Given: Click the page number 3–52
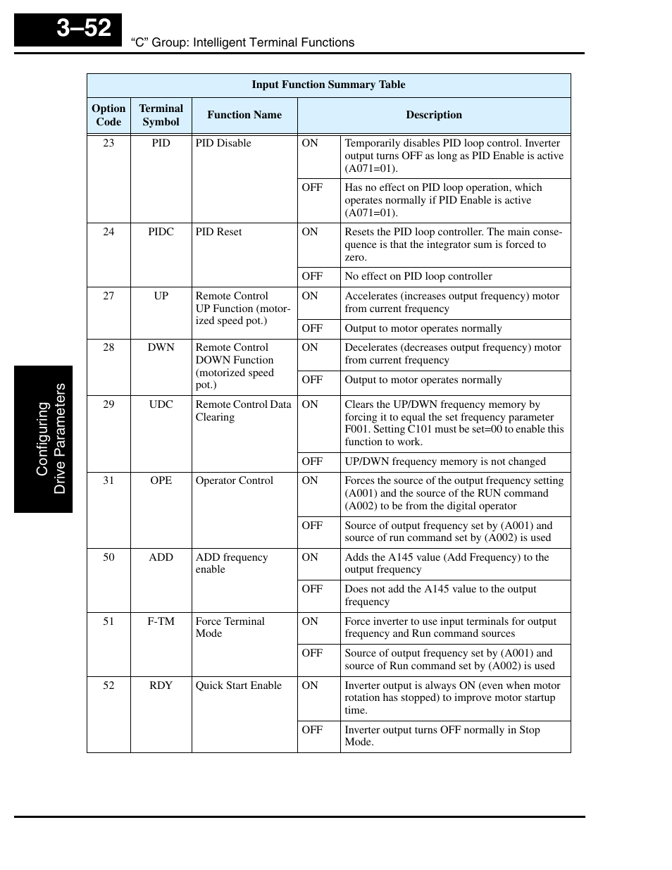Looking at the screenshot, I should tap(84, 28).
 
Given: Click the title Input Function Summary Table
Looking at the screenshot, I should tap(328, 85).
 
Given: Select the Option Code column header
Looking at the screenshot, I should tap(108, 115).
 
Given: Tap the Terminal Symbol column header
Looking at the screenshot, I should tap(161, 115).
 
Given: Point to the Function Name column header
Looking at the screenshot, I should tap(244, 115).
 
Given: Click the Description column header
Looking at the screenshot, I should tap(434, 115).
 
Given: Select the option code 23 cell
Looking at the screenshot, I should tap(108, 143).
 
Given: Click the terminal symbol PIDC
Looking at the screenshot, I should tap(161, 232).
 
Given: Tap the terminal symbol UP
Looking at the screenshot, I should tap(161, 296).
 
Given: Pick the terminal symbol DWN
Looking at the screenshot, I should tap(161, 347).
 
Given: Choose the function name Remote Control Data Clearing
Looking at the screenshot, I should tap(243, 411).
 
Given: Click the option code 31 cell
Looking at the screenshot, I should tap(108, 480).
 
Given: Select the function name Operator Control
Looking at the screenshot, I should tap(234, 480).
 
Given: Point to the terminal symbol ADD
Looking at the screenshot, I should tap(161, 557).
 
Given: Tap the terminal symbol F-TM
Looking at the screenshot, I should tap(161, 621).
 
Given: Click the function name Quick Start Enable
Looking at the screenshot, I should tap(238, 685).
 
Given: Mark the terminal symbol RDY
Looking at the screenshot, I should tap(161, 685).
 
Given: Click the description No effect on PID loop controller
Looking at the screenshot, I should tap(418, 276).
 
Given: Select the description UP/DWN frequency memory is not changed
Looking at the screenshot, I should tap(445, 461).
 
